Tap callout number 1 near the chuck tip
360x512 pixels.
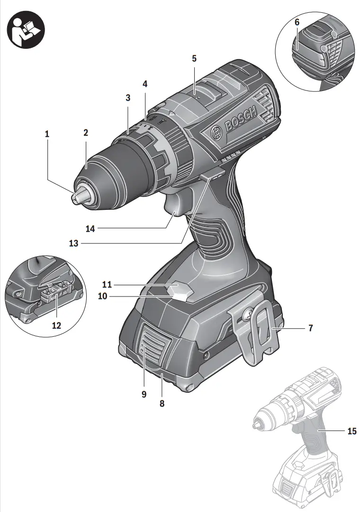(x=47, y=135)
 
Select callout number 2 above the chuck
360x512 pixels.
(x=86, y=133)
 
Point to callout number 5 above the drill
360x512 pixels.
(x=194, y=59)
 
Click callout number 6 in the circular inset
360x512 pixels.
(x=297, y=22)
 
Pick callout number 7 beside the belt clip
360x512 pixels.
(x=311, y=328)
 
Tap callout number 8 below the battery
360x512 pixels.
(x=162, y=404)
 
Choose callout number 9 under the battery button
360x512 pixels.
(x=144, y=394)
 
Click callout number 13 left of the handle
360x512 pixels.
(x=73, y=243)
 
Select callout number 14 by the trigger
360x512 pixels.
(x=90, y=229)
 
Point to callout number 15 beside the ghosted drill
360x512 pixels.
(x=351, y=431)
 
